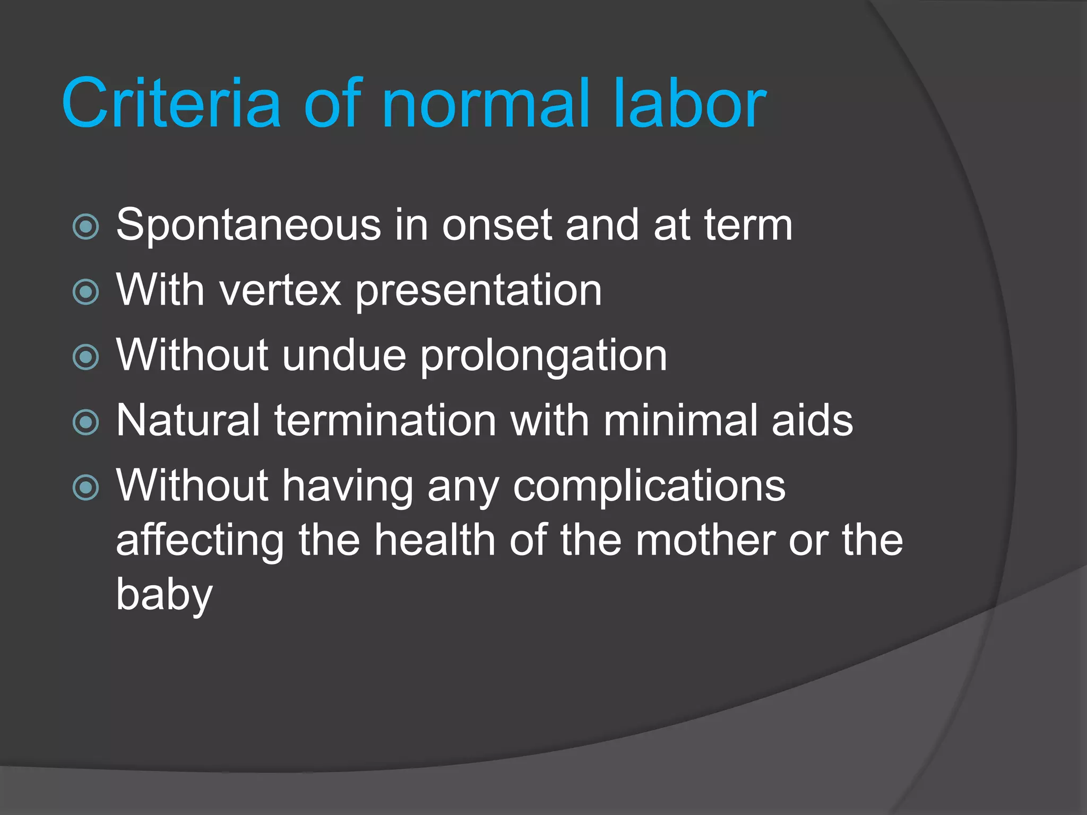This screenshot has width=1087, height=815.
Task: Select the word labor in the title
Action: click(689, 103)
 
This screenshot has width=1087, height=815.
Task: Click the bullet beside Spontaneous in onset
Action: click(86, 227)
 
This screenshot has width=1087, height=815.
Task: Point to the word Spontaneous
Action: click(248, 226)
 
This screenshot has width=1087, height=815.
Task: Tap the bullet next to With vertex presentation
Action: click(86, 292)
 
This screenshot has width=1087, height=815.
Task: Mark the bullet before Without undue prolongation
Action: click(86, 357)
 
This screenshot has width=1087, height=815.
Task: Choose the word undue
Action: click(344, 356)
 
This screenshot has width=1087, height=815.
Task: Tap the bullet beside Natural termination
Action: click(86, 422)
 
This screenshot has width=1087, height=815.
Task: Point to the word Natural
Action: click(188, 421)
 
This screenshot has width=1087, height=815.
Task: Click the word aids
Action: click(812, 421)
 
